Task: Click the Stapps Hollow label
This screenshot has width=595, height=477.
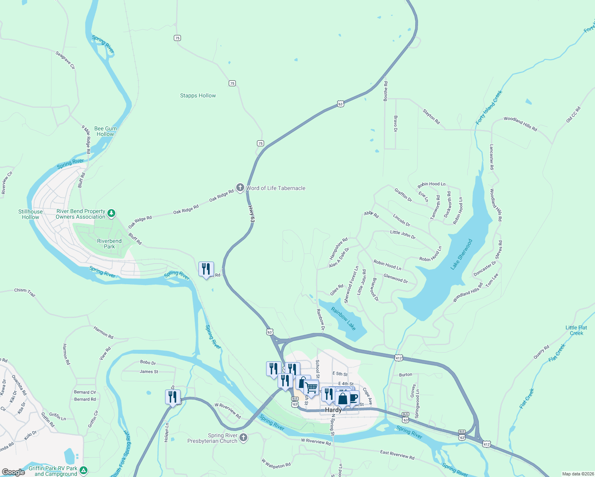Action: coord(198,96)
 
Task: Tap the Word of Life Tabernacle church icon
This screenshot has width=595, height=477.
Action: coord(240,188)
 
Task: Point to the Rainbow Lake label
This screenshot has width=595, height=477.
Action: coord(343,319)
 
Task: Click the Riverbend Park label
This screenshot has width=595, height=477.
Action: coord(109,244)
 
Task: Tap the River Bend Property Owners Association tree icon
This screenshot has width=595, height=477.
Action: coord(112,214)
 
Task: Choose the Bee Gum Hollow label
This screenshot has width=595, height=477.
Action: coord(105,131)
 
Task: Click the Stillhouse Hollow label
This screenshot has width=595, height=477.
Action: coord(31,214)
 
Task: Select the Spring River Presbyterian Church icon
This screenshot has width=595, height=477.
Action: coord(243,438)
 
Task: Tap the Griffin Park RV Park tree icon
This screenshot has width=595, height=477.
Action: coord(84,471)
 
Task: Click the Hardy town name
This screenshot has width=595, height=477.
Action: coord(333,410)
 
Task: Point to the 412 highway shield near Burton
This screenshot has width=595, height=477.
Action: coord(399,358)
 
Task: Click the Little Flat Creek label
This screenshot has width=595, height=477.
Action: coord(576,330)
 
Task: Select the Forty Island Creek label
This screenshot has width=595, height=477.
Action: coord(489,107)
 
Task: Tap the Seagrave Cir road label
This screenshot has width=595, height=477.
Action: coord(65,60)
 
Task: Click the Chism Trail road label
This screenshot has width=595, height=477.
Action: coord(25,292)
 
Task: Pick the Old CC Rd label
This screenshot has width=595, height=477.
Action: coord(573,114)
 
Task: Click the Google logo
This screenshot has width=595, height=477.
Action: coord(13,472)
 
